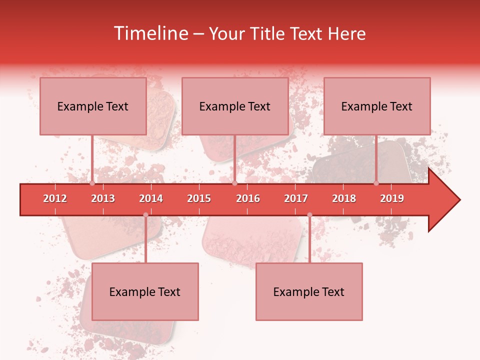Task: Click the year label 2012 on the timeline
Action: [x=55, y=198]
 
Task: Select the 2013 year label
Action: [x=103, y=198]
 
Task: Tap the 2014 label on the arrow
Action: [x=151, y=198]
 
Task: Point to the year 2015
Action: [x=199, y=198]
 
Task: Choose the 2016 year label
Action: [x=248, y=198]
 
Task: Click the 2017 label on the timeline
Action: [x=296, y=198]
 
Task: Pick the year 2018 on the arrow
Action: [x=344, y=198]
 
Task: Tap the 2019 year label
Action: [x=392, y=198]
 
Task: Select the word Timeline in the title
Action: [x=149, y=33]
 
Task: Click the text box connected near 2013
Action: [x=93, y=106]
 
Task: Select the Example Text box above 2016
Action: [x=235, y=106]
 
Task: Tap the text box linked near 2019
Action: [x=377, y=106]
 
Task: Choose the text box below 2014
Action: [x=145, y=291]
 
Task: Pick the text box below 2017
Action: [x=309, y=291]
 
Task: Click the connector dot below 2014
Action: [x=145, y=215]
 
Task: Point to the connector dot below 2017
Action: [x=309, y=215]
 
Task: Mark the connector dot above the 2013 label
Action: [x=92, y=183]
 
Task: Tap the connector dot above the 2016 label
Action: [x=234, y=183]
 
